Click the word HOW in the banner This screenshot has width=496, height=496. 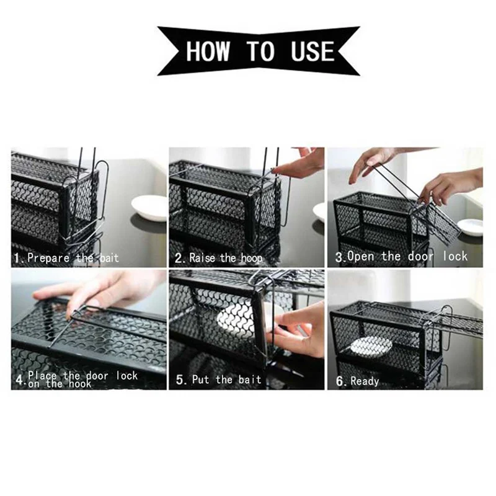pyautogui.click(x=208, y=51)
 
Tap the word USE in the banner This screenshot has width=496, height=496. pyautogui.click(x=312, y=51)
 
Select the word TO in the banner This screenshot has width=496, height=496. pyautogui.click(x=260, y=51)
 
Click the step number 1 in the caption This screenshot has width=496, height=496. pyautogui.click(x=17, y=258)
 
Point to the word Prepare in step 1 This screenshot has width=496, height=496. pyautogui.click(x=48, y=258)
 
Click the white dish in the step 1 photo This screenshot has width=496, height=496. pyautogui.click(x=149, y=208)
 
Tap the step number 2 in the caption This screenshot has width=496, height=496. pyautogui.click(x=178, y=258)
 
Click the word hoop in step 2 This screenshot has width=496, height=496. pyautogui.click(x=252, y=259)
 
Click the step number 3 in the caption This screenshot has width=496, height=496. pyautogui.click(x=339, y=257)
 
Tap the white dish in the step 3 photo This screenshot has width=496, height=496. pyautogui.click(x=470, y=226)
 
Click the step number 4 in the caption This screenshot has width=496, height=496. pyautogui.click(x=19, y=380)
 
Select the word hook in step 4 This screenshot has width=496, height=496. pyautogui.click(x=80, y=384)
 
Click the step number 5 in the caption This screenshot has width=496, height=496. pyautogui.click(x=179, y=379)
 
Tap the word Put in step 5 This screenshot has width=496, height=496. pyautogui.click(x=200, y=379)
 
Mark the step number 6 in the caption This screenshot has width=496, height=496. pyautogui.click(x=339, y=381)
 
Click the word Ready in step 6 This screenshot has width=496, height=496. pyautogui.click(x=365, y=381)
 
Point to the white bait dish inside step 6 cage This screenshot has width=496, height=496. pyautogui.click(x=371, y=347)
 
